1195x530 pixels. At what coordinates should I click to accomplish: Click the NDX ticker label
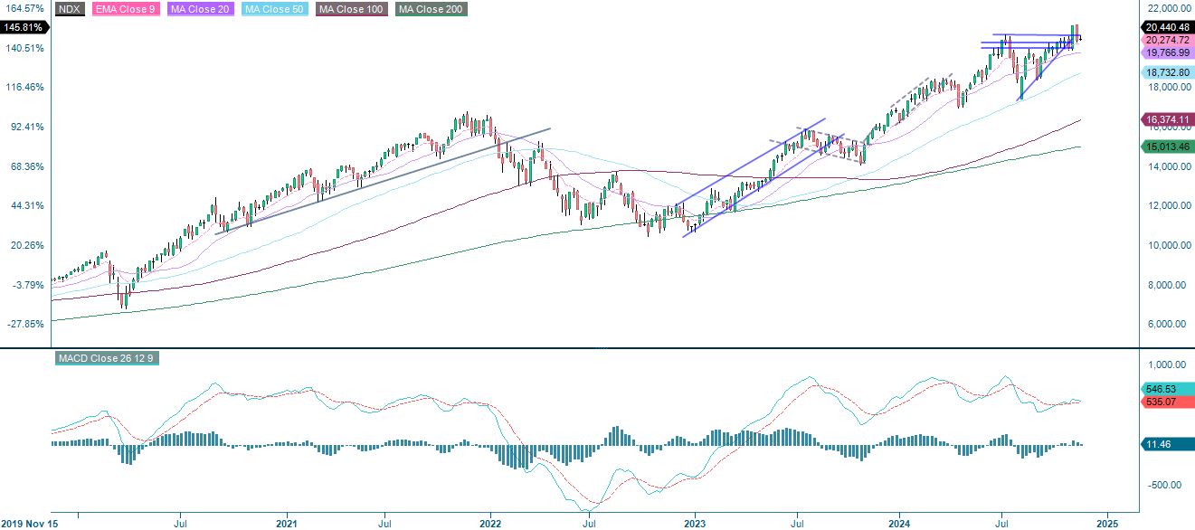(x=70, y=10)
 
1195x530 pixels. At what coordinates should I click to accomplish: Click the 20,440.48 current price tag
(x=1166, y=28)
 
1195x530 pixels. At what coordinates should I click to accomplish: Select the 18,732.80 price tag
(x=1166, y=72)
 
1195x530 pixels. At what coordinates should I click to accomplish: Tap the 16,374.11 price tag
(x=1166, y=119)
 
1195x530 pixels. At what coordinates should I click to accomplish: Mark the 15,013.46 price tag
(x=1166, y=147)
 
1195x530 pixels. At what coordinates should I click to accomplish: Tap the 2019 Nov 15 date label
(x=30, y=523)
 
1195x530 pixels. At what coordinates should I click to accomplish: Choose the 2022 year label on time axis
(x=490, y=523)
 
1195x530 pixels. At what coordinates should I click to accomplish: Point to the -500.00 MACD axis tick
(x=1165, y=485)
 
